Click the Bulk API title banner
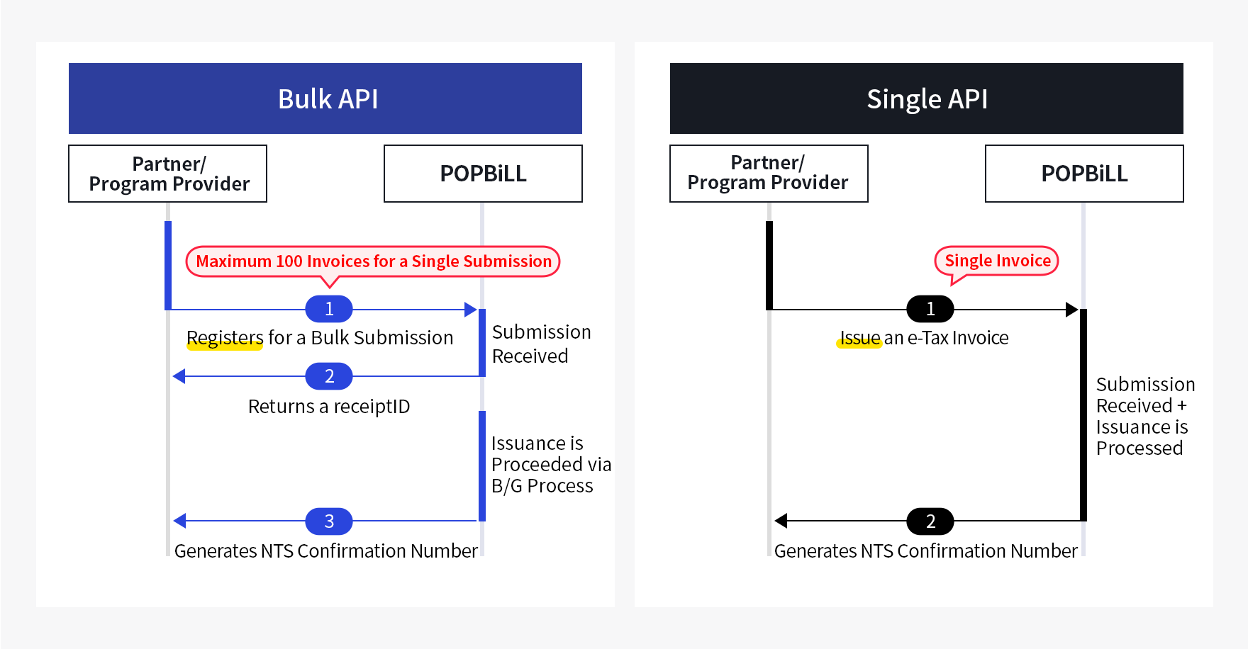325,98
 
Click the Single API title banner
926,98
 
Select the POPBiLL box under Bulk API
483,174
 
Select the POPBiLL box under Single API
1084,174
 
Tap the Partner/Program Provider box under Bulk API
168,174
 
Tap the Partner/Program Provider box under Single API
769,174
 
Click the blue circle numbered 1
329,309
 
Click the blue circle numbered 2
329,376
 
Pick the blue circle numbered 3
329,521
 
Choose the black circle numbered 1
930,309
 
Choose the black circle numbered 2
930,521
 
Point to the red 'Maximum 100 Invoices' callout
373,261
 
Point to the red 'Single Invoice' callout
997,261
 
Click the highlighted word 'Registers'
225,338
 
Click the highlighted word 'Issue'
859,338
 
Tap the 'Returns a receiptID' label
329,407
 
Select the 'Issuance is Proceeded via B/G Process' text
550,465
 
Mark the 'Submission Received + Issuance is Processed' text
1144,417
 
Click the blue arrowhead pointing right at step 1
470,310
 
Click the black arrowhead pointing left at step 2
781,521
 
